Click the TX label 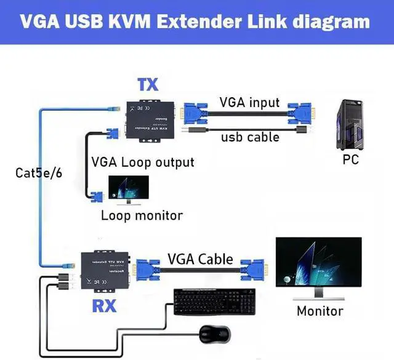148,84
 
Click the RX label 105,306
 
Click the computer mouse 215,335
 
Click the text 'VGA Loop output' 143,162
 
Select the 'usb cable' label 250,137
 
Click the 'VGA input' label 249,103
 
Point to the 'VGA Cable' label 200,258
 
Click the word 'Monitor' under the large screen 320,311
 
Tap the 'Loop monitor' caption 142,215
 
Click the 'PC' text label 350,160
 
